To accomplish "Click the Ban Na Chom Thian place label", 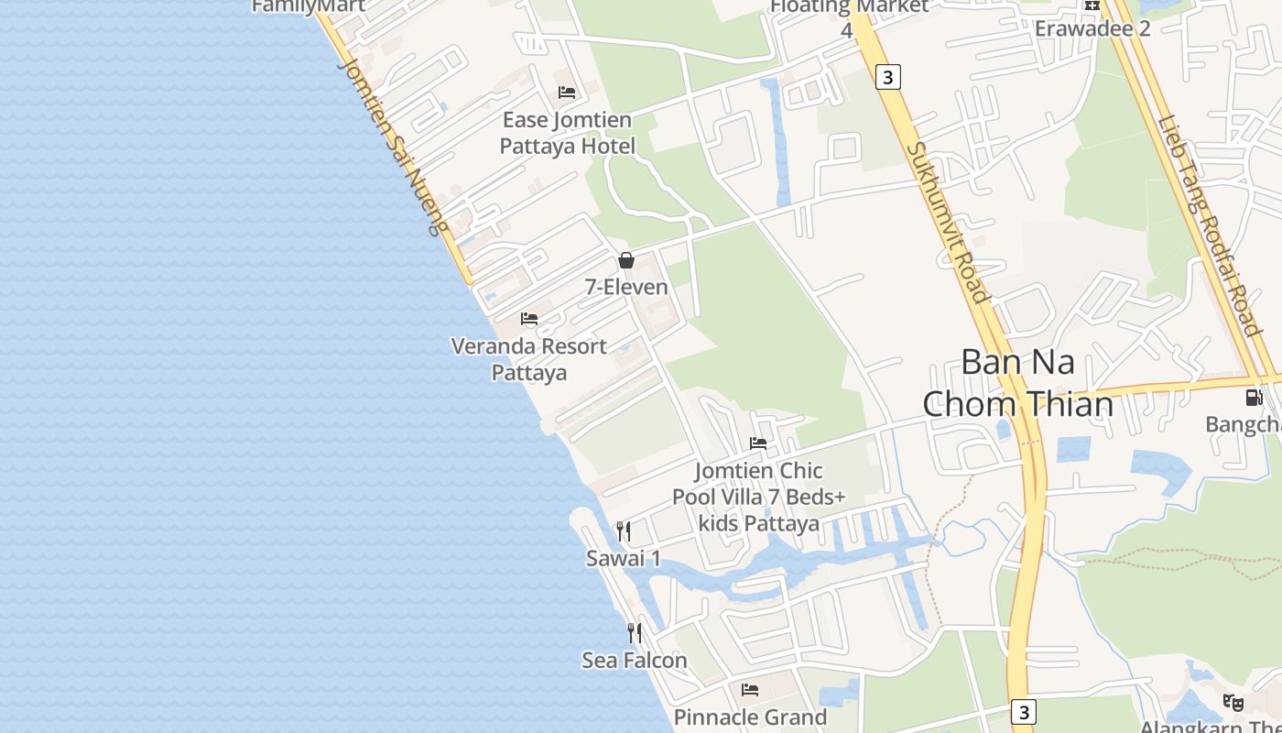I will point(1017,383).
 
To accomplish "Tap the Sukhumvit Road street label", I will point(949,223).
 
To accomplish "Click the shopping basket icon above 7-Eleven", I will point(626,260).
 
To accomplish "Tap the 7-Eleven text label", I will point(626,287).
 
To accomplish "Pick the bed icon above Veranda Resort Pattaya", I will point(529,319).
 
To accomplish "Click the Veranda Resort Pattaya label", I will point(529,359).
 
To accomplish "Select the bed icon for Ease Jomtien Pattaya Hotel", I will point(567,92).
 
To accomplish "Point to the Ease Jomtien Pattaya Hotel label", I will point(567,133).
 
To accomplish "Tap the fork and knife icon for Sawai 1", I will point(624,531).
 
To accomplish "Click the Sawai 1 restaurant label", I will point(624,558).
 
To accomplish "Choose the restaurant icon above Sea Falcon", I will point(634,633).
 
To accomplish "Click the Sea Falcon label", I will point(634,660).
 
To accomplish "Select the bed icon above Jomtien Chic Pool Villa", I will point(758,443).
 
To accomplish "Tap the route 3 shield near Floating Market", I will point(887,77).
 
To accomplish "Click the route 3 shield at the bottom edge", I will point(1024,712).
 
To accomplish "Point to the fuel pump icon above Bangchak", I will point(1254,398).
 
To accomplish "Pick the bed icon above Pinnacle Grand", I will point(750,690).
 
